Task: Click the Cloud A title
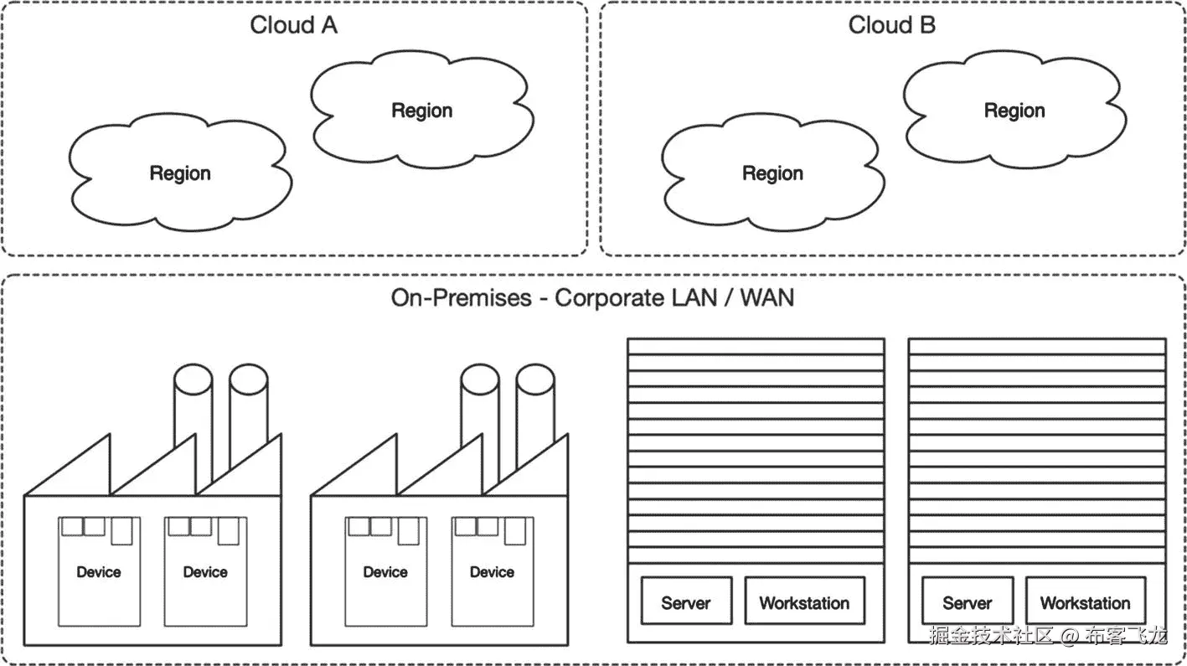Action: pos(293,25)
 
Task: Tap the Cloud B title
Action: pos(891,25)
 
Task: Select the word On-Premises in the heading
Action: pos(461,297)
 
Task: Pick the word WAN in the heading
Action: pos(766,297)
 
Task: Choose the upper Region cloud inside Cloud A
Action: pos(421,111)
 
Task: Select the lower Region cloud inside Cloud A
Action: pos(180,173)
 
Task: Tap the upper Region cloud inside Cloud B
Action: pos(1014,111)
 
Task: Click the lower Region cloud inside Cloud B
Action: pos(772,173)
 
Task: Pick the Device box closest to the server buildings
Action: pos(492,571)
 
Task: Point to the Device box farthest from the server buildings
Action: pos(99,571)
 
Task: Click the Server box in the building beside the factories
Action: pos(686,601)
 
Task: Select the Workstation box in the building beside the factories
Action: pos(804,601)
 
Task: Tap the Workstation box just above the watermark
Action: pos(1085,601)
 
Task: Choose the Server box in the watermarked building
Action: pos(968,601)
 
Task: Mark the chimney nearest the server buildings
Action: pos(534,419)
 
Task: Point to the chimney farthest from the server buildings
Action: pos(193,419)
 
